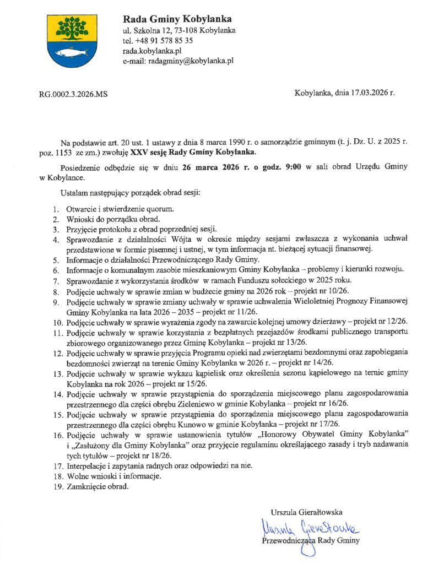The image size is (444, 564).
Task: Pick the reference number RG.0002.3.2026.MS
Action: point(73,94)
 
